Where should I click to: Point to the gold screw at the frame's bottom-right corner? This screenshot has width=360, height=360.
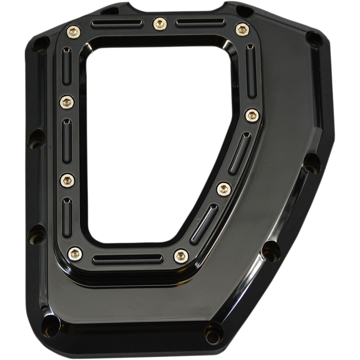180,254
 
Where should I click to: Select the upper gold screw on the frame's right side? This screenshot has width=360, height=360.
251,115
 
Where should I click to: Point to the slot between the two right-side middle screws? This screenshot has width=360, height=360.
237,152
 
